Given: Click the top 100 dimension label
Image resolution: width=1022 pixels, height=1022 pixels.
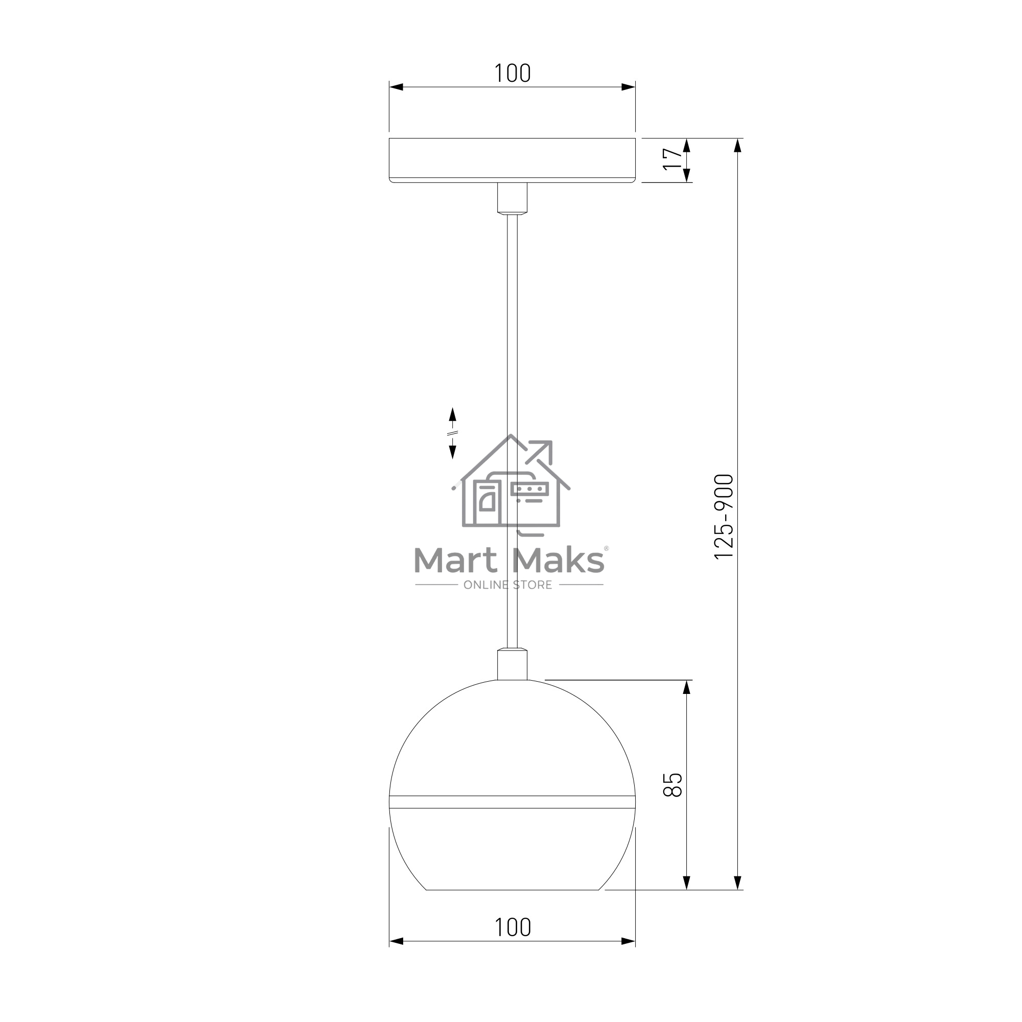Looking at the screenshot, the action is [512, 73].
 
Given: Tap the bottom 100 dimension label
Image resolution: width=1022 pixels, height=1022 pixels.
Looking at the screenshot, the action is [512, 927].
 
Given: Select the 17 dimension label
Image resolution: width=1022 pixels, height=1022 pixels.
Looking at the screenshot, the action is [673, 159].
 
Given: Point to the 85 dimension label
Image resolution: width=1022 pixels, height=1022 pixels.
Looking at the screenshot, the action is [673, 784].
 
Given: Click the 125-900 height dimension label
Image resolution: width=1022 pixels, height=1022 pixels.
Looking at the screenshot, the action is [724, 516].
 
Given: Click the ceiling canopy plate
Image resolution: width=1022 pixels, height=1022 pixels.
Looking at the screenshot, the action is [512, 160].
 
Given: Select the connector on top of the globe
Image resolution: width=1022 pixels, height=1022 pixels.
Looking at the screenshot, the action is [512, 664].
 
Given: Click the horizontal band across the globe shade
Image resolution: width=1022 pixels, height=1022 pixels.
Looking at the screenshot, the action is [512, 802].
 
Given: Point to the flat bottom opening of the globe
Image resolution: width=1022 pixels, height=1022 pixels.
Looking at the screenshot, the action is [512, 890].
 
